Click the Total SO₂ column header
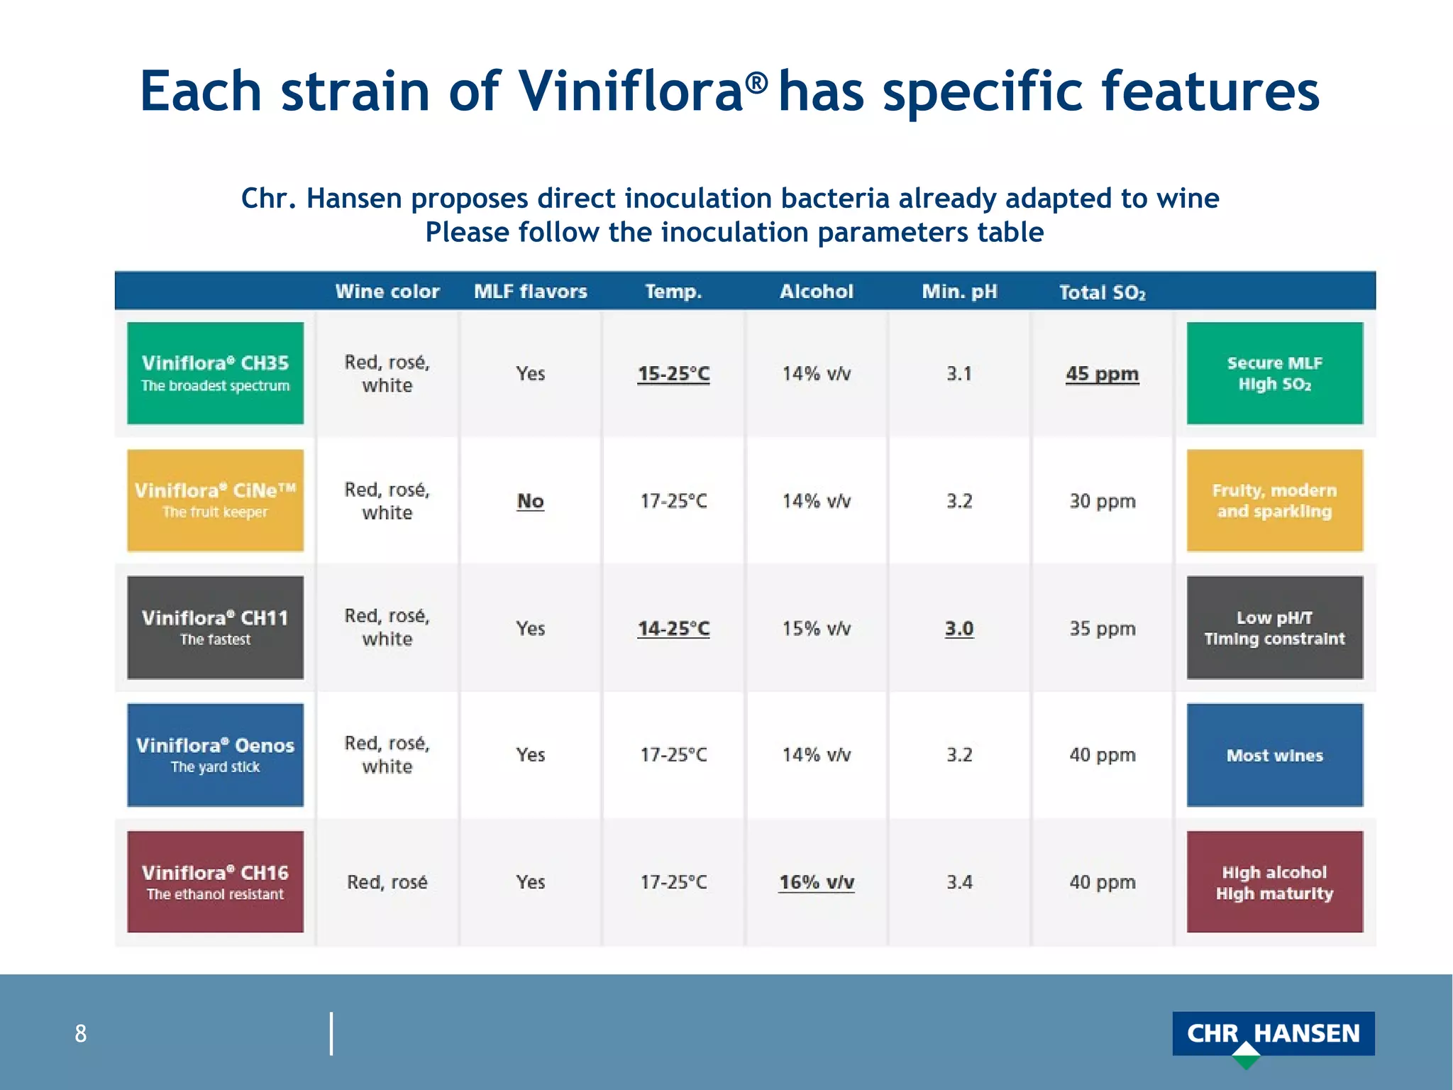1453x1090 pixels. [1102, 292]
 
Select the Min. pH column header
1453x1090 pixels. [959, 291]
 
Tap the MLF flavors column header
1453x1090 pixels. [530, 291]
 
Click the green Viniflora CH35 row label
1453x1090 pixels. [215, 373]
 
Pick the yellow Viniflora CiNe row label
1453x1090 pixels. [215, 500]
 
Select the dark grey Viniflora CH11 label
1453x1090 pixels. [215, 627]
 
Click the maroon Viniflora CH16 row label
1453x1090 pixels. [215, 881]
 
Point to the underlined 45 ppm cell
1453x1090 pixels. [1102, 373]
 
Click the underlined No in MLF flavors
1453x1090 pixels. [530, 501]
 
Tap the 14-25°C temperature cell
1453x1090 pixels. [673, 628]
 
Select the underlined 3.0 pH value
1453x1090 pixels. [959, 628]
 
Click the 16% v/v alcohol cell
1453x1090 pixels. [816, 882]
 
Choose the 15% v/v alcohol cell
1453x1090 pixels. [816, 628]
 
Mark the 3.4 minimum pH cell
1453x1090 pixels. [959, 882]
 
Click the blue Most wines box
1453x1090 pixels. [1274, 755]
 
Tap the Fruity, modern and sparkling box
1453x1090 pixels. [1274, 500]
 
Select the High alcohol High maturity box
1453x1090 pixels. [1274, 882]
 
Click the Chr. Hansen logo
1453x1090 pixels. [1273, 1035]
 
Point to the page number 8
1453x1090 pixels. [81, 1033]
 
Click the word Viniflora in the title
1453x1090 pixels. [630, 92]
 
